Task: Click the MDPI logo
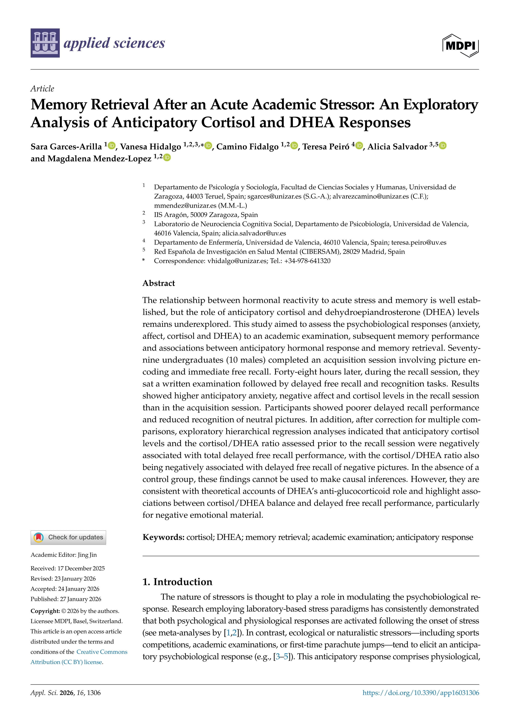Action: tap(460, 45)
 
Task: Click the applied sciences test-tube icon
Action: tap(45, 43)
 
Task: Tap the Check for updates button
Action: tap(68, 537)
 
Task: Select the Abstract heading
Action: tap(159, 283)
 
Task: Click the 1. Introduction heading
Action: tap(177, 582)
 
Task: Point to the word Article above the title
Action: tap(42, 89)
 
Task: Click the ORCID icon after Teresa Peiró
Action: tap(359, 146)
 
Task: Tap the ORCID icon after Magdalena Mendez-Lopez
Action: tap(167, 158)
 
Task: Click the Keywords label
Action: tap(163, 537)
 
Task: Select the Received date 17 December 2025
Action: tap(81, 568)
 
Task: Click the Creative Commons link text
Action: tap(102, 652)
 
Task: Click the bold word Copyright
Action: tap(45, 611)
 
